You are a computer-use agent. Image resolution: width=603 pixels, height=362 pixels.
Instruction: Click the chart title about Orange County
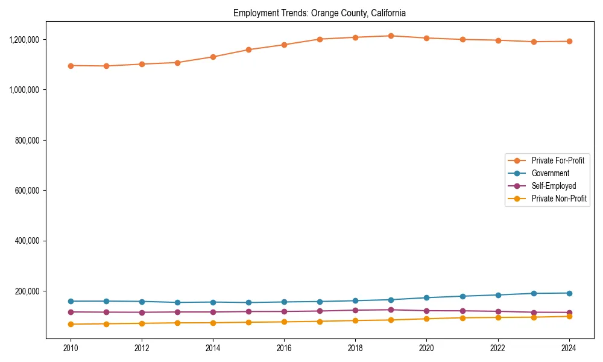[x=320, y=13]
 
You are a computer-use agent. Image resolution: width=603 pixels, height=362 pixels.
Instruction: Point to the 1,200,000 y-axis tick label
[x=25, y=40]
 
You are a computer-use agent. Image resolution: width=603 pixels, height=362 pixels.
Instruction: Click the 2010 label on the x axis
[x=71, y=348]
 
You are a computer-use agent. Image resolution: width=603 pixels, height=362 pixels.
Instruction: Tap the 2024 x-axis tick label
[x=569, y=348]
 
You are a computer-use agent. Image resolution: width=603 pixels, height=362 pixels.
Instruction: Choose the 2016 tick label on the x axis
[x=284, y=348]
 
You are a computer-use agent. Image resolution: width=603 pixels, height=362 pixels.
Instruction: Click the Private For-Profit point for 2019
[x=391, y=36]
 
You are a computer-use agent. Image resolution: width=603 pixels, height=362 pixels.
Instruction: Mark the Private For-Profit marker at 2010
[x=71, y=66]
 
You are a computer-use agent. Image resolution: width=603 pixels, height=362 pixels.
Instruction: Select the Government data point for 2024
[x=569, y=293]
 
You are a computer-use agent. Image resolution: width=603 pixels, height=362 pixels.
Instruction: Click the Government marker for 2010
[x=71, y=301]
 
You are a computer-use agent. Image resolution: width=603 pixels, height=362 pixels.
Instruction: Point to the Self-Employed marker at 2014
[x=213, y=312]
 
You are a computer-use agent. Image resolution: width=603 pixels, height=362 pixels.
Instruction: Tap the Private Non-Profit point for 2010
[x=71, y=324]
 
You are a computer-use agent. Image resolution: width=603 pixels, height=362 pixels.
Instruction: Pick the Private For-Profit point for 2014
[x=213, y=57]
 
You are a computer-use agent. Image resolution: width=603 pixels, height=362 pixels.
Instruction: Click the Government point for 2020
[x=426, y=297]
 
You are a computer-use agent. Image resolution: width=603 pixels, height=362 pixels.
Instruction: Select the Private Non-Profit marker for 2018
[x=355, y=320]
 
